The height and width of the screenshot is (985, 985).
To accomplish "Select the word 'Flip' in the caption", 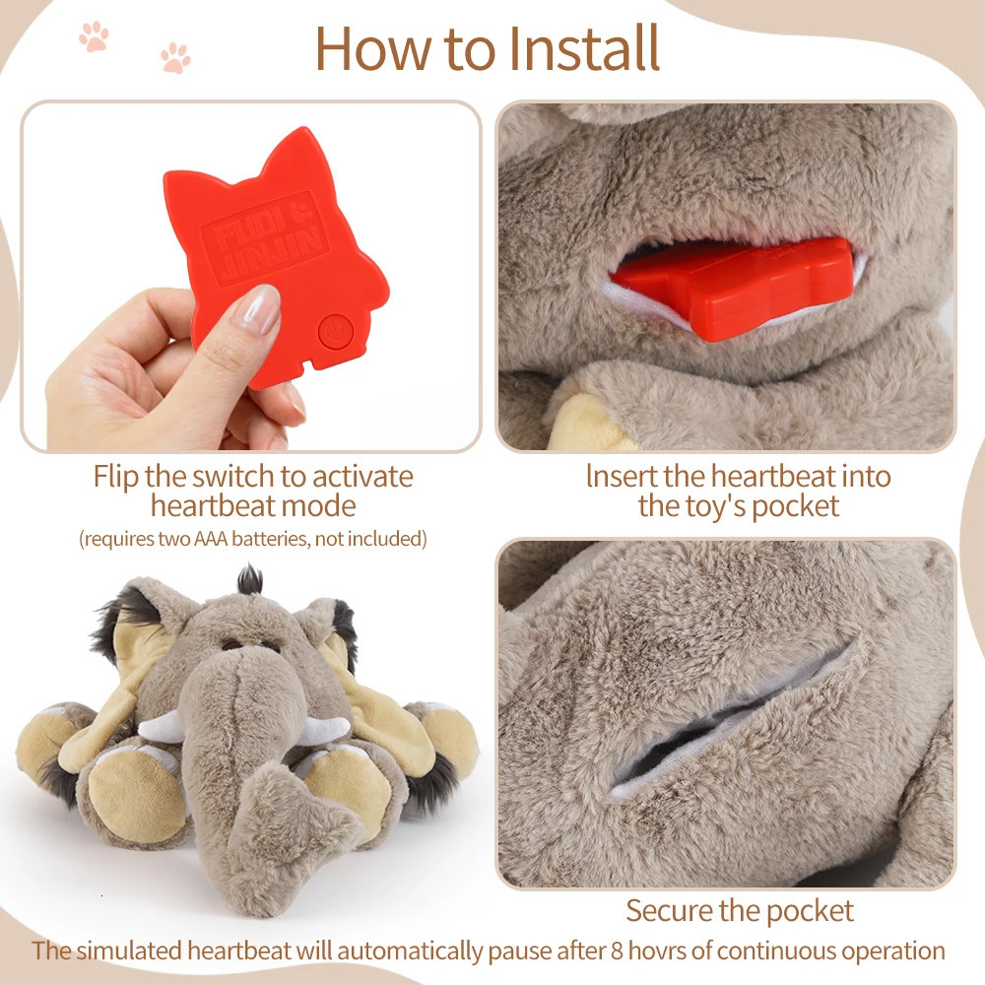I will click(116, 477).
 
